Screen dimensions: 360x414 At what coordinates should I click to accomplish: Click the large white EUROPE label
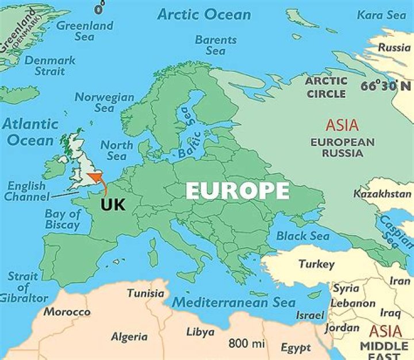click(x=237, y=191)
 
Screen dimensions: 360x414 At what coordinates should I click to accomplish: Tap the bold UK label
click(x=113, y=205)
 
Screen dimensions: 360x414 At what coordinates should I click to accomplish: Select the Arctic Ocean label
click(x=204, y=14)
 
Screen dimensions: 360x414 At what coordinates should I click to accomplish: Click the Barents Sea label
click(x=216, y=45)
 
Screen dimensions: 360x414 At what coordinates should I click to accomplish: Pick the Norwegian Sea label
click(x=104, y=102)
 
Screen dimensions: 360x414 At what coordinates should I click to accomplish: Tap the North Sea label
click(x=116, y=151)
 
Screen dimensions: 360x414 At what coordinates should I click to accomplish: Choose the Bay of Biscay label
click(x=63, y=220)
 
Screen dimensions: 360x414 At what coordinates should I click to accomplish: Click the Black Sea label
click(x=303, y=236)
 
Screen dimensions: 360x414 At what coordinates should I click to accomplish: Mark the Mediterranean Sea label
click(x=234, y=302)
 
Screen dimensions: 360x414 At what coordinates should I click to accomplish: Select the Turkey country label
click(x=316, y=265)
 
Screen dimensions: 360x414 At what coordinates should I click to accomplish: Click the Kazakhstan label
click(x=382, y=194)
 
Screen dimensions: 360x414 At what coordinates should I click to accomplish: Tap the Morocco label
click(x=67, y=312)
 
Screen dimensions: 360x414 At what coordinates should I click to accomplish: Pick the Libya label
click(x=200, y=332)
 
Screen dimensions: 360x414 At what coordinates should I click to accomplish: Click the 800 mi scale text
click(x=247, y=344)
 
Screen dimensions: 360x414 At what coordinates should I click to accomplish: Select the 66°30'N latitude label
click(x=386, y=86)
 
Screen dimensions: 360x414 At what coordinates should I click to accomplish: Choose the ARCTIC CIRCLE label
click(x=327, y=87)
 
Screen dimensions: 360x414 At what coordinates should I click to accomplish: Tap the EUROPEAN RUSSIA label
click(x=343, y=148)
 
